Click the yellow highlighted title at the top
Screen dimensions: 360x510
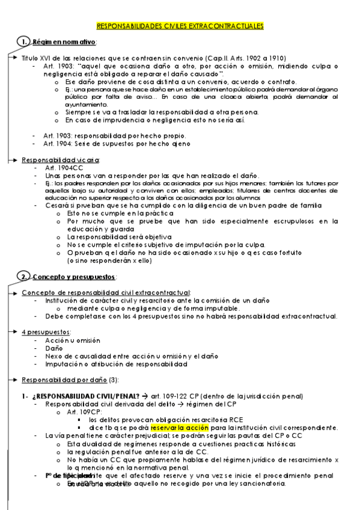180,26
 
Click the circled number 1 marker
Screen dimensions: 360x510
22,41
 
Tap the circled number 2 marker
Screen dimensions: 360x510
22,276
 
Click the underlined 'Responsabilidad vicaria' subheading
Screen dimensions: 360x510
60,160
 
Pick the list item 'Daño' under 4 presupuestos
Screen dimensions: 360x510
53,348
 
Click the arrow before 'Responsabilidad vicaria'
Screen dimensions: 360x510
13,160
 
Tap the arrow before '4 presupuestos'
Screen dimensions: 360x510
13,332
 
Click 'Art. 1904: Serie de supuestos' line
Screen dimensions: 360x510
100,144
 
